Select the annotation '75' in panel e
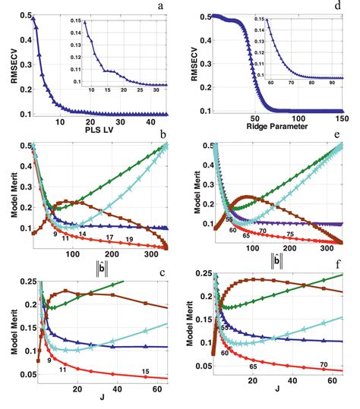[289, 235]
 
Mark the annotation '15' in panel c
[145, 371]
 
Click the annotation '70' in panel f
[324, 365]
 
